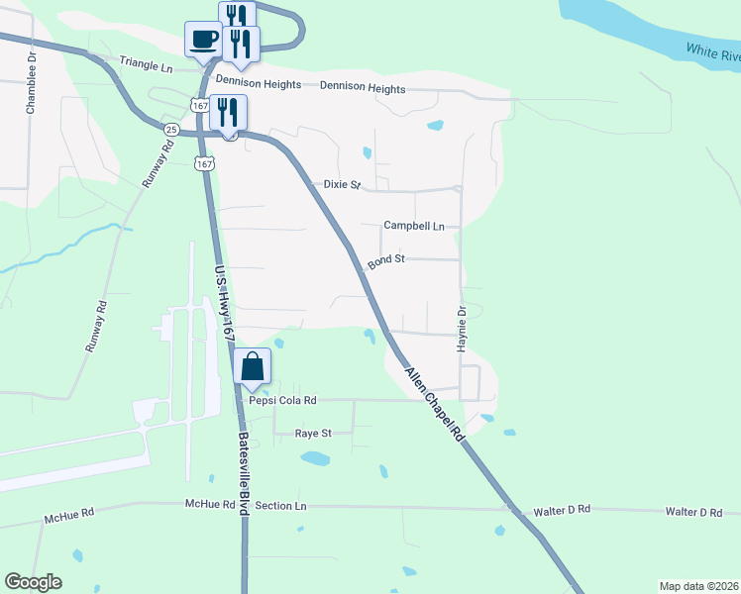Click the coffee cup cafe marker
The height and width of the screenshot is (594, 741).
[x=203, y=40]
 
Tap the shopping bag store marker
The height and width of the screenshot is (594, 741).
[x=253, y=366]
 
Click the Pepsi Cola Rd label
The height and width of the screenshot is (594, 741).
[x=282, y=401]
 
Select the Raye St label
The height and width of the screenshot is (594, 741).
[x=313, y=434]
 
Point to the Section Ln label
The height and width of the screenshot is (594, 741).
[x=280, y=506]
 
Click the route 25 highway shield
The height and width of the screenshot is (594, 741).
[x=171, y=130]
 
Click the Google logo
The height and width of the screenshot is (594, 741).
[x=33, y=582]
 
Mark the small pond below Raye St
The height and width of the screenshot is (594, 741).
[x=315, y=458]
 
